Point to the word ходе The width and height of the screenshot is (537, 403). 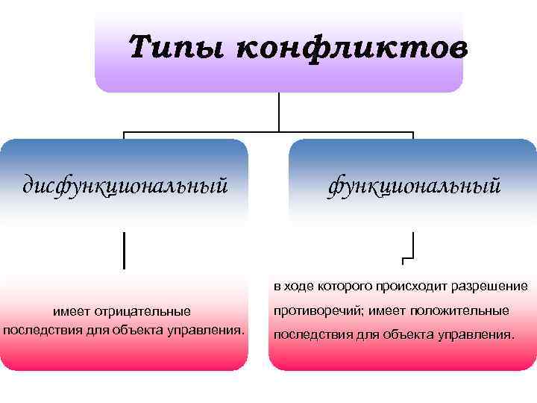click(300, 287)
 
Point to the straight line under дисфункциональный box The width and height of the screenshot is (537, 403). click(124, 249)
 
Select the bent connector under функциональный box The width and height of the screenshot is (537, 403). click(411, 249)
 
